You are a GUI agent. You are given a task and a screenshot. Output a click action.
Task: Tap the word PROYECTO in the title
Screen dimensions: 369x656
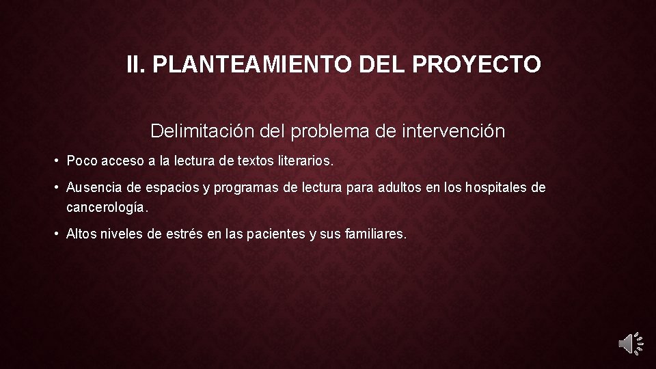(477, 65)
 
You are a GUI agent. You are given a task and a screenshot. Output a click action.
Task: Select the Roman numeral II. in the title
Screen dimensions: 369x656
(136, 65)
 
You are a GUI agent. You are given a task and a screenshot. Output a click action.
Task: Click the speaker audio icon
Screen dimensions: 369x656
(630, 343)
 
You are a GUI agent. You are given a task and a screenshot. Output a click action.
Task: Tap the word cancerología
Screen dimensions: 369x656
(107, 206)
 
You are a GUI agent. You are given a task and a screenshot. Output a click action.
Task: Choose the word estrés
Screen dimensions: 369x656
(184, 234)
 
